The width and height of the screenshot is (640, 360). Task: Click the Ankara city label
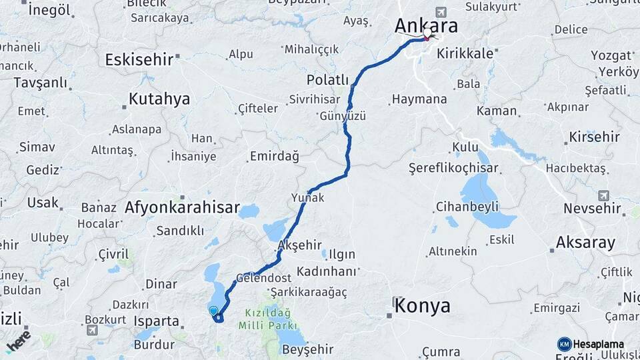click(x=426, y=25)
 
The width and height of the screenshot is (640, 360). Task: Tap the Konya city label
click(x=422, y=306)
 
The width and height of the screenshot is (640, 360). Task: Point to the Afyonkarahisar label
click(x=181, y=208)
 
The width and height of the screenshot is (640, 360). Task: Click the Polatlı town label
click(x=327, y=80)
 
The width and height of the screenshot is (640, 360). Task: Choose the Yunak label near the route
click(x=307, y=197)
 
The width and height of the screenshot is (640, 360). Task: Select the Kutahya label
click(x=159, y=99)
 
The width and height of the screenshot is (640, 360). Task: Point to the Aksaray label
click(x=585, y=242)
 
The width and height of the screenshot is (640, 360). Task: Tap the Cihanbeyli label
click(x=467, y=206)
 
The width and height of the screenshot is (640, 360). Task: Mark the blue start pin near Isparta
click(x=213, y=311)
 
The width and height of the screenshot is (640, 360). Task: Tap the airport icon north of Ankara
click(x=440, y=12)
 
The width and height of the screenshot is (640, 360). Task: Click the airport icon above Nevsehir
click(x=603, y=195)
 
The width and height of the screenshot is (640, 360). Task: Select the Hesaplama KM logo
click(x=591, y=344)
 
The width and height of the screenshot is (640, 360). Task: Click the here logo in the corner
click(x=18, y=341)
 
